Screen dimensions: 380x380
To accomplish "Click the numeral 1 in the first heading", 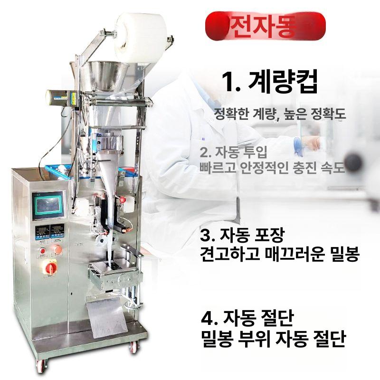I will pyautogui.click(x=229, y=83).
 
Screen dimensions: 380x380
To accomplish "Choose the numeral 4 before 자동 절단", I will pyautogui.click(x=207, y=317).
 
